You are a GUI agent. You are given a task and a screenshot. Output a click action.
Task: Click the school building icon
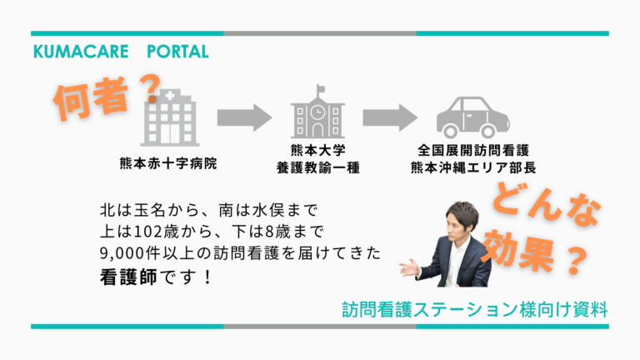(x=317, y=114)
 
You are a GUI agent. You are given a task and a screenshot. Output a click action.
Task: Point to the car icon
(x=473, y=117)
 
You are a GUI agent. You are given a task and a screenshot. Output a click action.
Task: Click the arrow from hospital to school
(x=243, y=117)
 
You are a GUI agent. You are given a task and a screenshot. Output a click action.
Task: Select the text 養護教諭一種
(x=317, y=168)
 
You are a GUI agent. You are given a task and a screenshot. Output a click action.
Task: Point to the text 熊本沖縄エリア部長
(x=472, y=168)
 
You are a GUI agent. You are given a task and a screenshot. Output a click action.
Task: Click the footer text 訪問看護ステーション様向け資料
(x=475, y=308)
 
